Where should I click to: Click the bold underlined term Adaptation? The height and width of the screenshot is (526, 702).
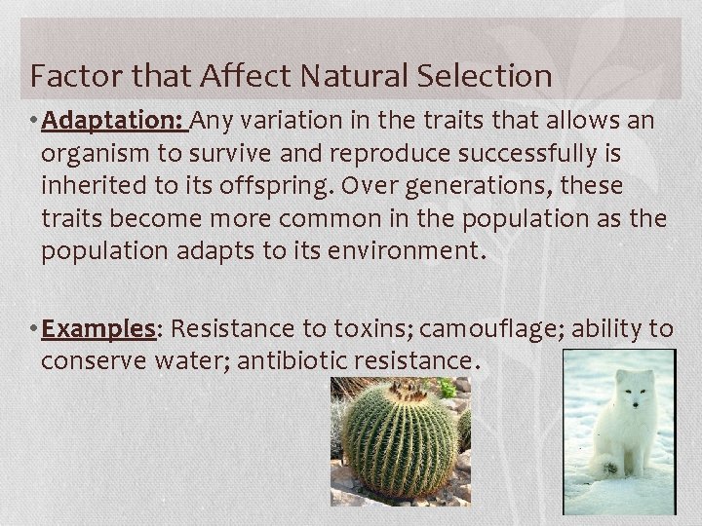115,122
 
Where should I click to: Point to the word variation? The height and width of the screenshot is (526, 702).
301,122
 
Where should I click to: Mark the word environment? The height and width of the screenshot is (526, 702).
400,250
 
